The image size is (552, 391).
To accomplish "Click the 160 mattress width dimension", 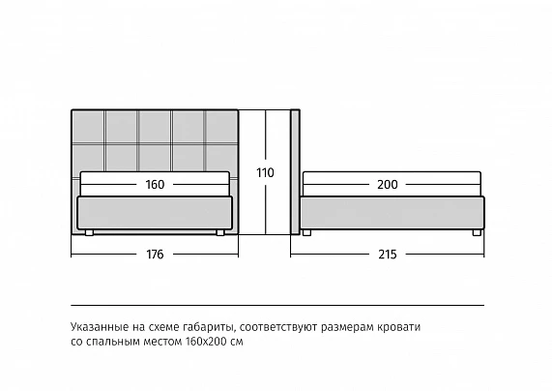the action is tap(155, 185).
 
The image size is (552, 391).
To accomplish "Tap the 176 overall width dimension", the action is tap(155, 255).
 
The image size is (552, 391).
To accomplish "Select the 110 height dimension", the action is tap(265, 173).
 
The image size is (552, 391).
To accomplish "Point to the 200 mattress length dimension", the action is tap(388, 185).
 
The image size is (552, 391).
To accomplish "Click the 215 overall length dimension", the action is tap(388, 255).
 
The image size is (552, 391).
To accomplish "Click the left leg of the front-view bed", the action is tap(89, 232).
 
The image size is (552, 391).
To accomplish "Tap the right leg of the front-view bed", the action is tap(220, 232).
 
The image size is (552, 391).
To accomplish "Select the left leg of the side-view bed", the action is tap(306, 232).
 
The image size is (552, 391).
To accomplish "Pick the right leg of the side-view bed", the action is tap(477, 232).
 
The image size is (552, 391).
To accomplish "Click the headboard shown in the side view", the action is tap(295, 171).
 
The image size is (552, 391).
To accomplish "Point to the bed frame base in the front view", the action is tap(155, 213).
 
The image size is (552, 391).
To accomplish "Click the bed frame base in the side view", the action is tap(392, 213).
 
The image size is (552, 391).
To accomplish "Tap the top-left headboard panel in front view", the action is tap(88, 127).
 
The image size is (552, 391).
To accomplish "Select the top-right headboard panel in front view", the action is tap(221, 127).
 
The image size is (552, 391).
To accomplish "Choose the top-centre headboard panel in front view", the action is tap(155, 127).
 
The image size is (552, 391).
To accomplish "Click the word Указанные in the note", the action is tap(100, 327).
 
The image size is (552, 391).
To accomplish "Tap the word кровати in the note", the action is tap(399, 327).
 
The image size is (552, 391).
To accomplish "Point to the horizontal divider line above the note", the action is tap(277, 305).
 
